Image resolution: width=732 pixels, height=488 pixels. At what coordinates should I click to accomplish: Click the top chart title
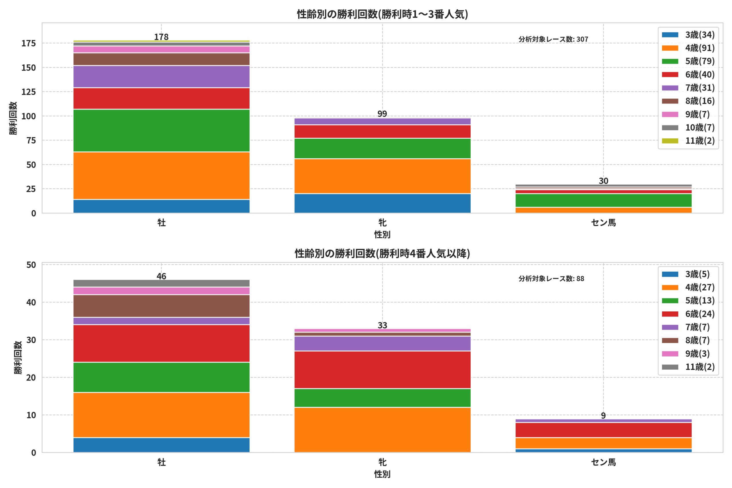[382, 14]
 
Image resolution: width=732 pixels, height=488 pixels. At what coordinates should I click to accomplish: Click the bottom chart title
[382, 254]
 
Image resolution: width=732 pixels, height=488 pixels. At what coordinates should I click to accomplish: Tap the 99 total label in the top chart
[382, 113]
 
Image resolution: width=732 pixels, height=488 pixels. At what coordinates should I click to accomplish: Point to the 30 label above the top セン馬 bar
[603, 181]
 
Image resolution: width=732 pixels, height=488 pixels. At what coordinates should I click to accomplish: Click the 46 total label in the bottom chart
[161, 276]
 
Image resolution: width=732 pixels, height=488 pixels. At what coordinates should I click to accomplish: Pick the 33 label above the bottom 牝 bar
[382, 325]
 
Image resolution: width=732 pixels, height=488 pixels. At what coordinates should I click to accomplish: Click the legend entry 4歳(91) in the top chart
[688, 48]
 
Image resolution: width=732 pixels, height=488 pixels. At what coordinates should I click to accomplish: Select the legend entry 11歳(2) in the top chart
[688, 141]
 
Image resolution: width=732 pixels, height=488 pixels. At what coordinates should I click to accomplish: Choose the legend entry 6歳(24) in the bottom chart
[688, 314]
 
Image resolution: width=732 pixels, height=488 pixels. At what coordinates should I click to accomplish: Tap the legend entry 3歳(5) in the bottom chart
[686, 274]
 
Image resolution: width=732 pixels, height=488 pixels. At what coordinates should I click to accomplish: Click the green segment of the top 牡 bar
[161, 130]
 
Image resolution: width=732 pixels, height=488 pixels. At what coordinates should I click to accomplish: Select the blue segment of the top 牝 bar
[382, 204]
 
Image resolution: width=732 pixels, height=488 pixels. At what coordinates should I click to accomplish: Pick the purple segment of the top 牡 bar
[161, 77]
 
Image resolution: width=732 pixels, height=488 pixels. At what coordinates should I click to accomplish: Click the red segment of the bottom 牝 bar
[382, 370]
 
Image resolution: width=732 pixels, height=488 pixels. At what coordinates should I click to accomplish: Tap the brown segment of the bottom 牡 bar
[161, 306]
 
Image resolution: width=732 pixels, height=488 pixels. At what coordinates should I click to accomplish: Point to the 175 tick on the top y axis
[29, 43]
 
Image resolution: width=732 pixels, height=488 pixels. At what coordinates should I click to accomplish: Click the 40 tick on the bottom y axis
[31, 302]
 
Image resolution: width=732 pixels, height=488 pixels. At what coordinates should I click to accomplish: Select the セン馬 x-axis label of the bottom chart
[603, 462]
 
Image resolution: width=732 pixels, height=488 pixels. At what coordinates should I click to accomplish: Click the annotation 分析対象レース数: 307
[553, 39]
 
